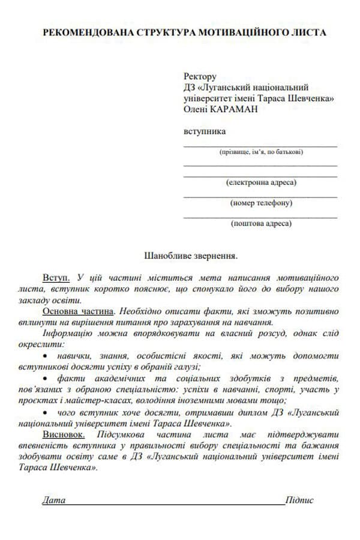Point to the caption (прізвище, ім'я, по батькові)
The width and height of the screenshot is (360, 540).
tap(260, 152)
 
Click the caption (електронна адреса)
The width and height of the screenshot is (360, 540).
tap(260, 182)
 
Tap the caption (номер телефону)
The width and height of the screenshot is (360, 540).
tap(260, 203)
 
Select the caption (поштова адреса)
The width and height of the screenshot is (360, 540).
tap(260, 223)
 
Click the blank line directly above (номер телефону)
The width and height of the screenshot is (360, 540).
tap(260, 196)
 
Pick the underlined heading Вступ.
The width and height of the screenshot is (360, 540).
tap(56, 278)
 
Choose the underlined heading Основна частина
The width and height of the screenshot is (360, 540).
tap(77, 311)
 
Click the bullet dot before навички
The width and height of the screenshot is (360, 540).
tap(47, 356)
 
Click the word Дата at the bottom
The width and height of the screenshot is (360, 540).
tap(53, 500)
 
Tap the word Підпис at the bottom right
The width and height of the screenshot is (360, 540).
tap(300, 500)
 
